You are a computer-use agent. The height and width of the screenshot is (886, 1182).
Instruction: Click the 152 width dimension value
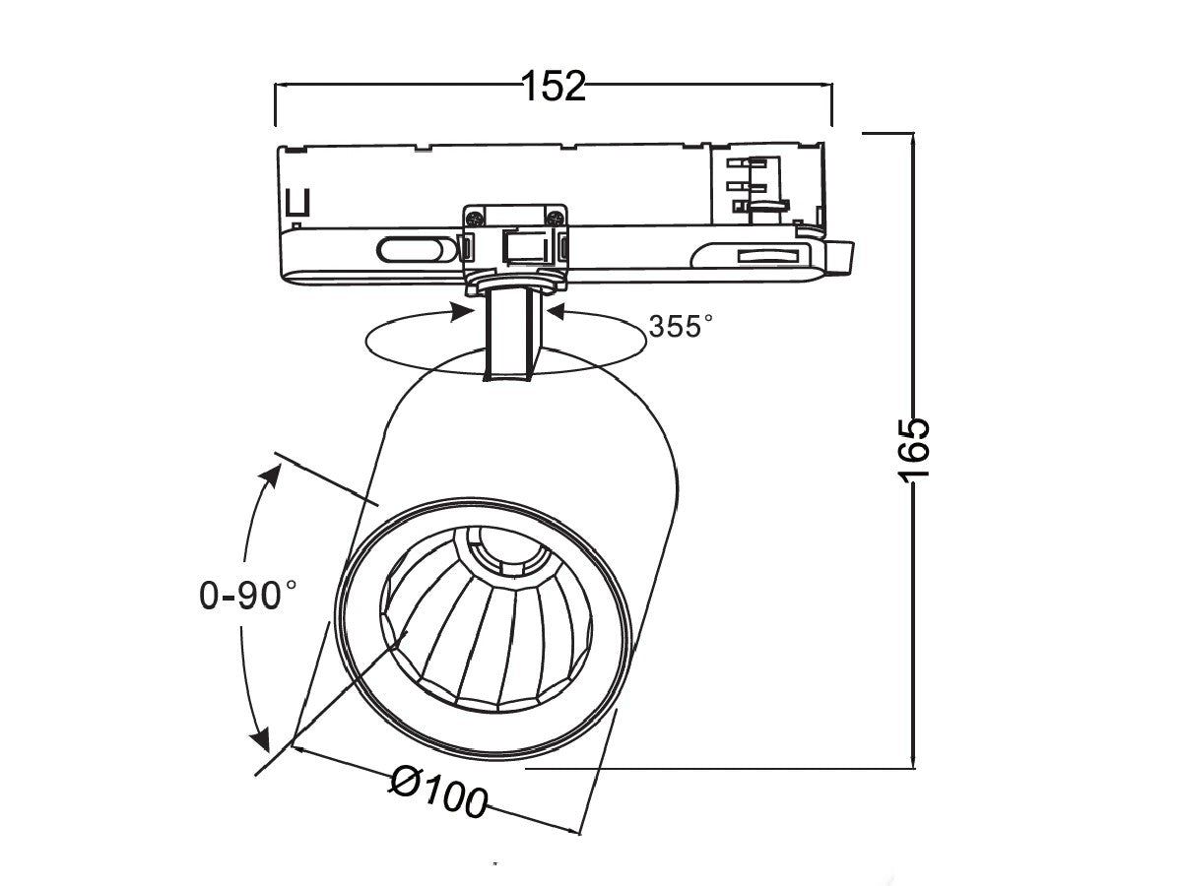coord(553,88)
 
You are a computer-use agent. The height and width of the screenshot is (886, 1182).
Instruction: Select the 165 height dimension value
coord(913,449)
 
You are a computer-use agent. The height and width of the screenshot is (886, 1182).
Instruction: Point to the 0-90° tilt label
coord(247,595)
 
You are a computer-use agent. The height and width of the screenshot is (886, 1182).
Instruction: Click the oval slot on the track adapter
coord(406,250)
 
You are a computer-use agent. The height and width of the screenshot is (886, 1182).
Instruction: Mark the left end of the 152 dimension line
coord(276,88)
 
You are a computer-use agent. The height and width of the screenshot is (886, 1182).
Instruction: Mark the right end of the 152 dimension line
coord(831,88)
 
